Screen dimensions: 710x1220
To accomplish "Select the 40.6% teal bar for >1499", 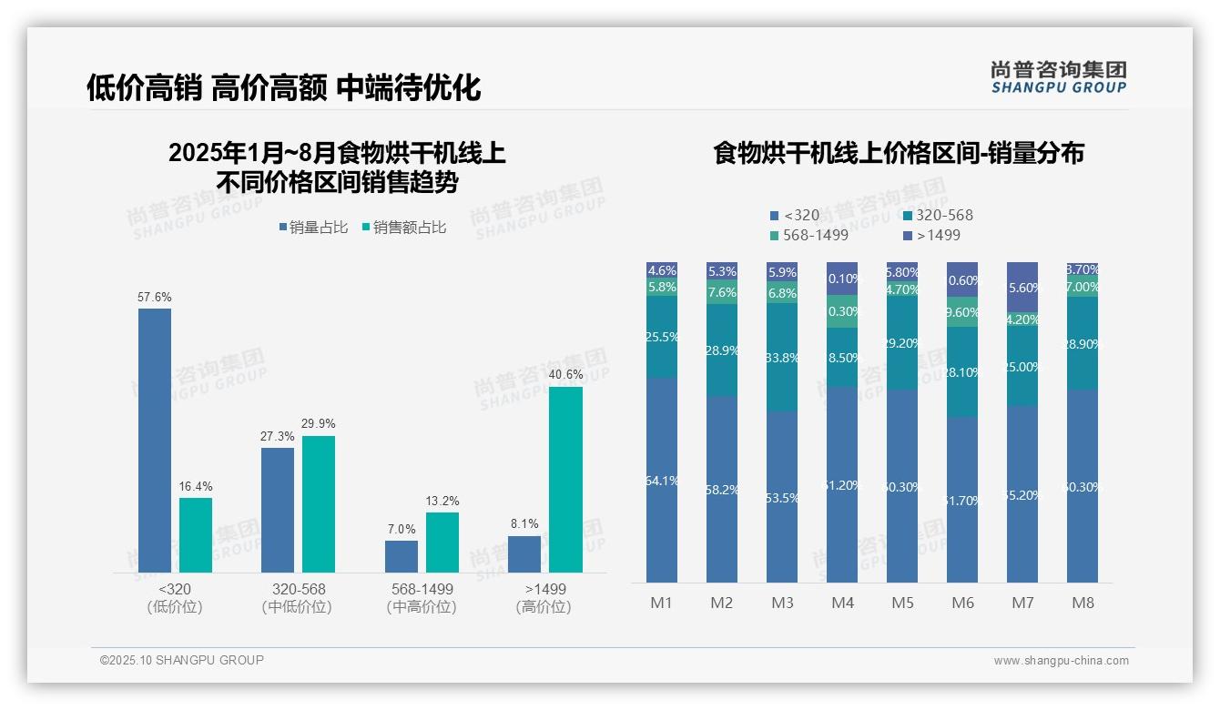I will pos(565,480).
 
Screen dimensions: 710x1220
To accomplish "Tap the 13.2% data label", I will pos(442,501).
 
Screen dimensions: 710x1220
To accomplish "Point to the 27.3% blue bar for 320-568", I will pos(278,510).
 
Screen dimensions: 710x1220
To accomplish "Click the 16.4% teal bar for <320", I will pos(196,535).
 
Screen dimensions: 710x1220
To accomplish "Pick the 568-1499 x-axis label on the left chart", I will pos(422,597).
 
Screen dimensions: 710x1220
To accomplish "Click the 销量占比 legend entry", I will pos(312,228).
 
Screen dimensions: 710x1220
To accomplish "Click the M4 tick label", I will pos(842,603).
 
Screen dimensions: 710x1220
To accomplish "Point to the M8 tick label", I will pos(1083,603).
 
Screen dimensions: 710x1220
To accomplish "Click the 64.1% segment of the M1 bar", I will pos(661,480).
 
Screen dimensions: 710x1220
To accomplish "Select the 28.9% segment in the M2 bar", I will pos(721,350).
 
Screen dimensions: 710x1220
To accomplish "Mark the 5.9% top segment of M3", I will pos(782,272).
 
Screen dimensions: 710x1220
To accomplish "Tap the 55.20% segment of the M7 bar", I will pos(1022,493).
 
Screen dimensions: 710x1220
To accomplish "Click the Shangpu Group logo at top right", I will pos(1058,76).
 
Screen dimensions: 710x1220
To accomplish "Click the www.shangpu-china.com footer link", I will pos(1061,661).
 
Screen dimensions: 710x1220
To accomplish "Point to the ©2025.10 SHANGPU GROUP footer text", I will pos(182,660).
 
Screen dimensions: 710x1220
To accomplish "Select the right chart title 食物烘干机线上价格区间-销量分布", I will pos(899,153).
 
